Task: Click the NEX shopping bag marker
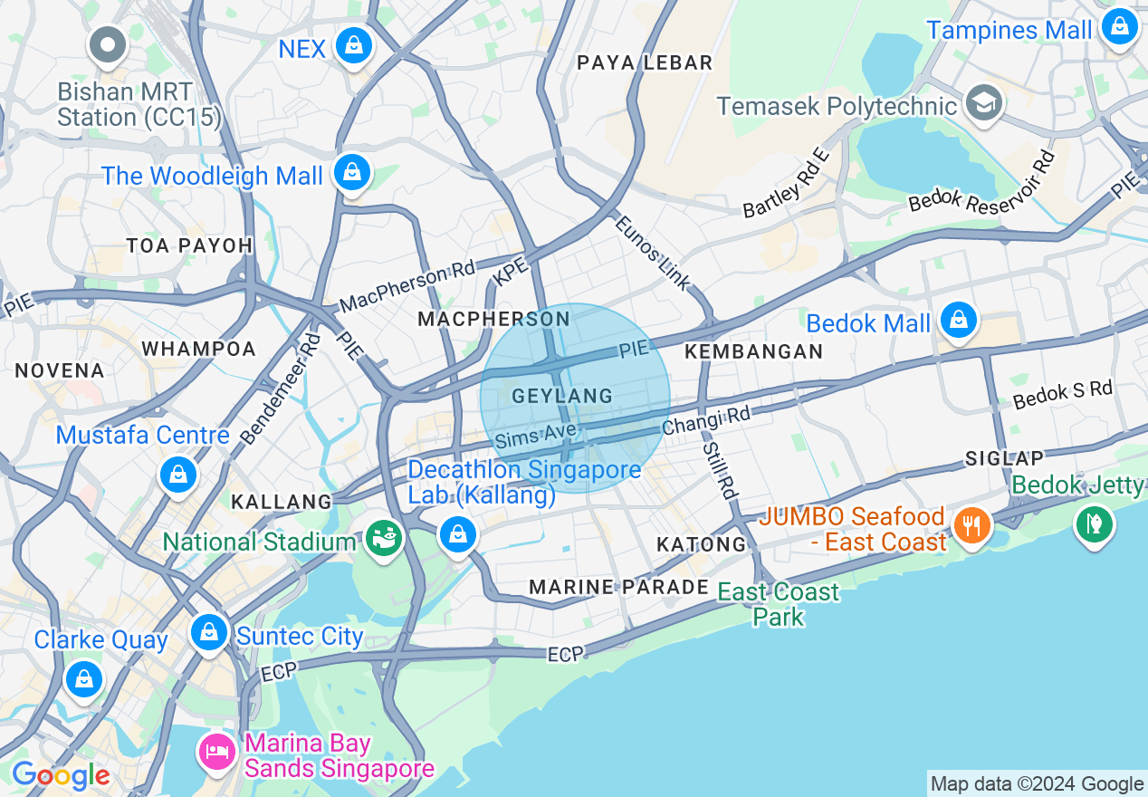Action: click(x=352, y=44)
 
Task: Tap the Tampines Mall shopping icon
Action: click(x=1120, y=27)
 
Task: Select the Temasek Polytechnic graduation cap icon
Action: click(x=983, y=103)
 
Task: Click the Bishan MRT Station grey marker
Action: click(x=108, y=44)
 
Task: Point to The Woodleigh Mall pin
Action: click(x=351, y=172)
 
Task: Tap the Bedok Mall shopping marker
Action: click(x=957, y=320)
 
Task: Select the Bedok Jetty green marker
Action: click(x=1094, y=523)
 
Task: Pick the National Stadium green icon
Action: click(x=384, y=538)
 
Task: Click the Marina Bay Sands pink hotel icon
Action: click(x=217, y=751)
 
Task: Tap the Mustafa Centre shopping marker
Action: click(x=178, y=474)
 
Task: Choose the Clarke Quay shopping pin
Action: click(x=84, y=677)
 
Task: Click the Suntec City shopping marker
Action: click(x=210, y=631)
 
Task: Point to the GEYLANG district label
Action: click(x=562, y=397)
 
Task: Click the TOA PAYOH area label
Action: click(x=189, y=245)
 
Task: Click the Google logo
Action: click(x=60, y=775)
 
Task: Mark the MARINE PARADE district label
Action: click(x=618, y=587)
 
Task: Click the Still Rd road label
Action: click(x=719, y=470)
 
